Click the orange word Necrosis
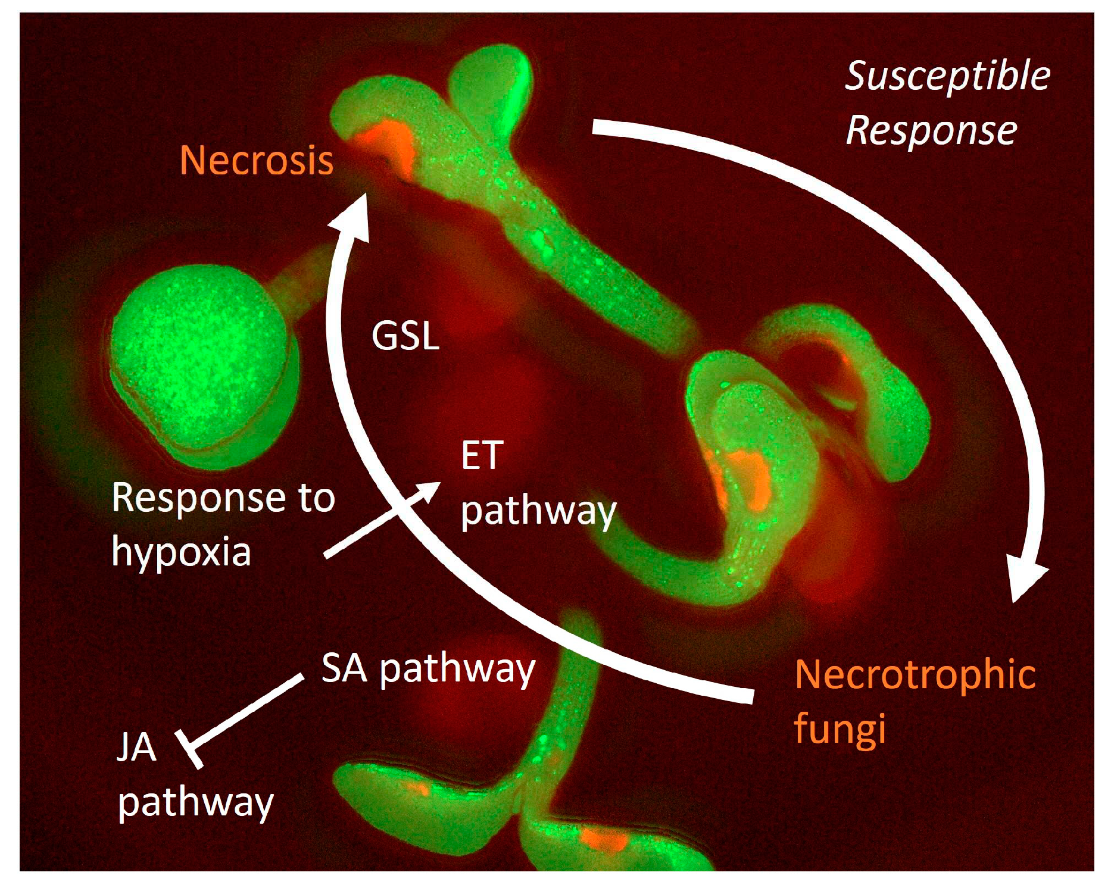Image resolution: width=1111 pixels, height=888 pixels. click(256, 161)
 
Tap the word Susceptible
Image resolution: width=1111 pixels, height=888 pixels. click(947, 76)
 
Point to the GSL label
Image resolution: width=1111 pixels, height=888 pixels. click(405, 336)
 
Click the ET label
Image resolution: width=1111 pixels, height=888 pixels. click(482, 456)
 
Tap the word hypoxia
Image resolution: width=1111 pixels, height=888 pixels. click(182, 552)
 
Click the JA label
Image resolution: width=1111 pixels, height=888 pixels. click(136, 748)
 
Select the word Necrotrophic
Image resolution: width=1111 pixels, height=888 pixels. click(915, 674)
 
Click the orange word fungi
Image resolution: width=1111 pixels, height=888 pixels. click(840, 728)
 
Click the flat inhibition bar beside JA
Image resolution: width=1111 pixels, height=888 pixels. click(189, 749)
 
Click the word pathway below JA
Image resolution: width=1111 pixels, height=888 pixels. click(196, 803)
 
